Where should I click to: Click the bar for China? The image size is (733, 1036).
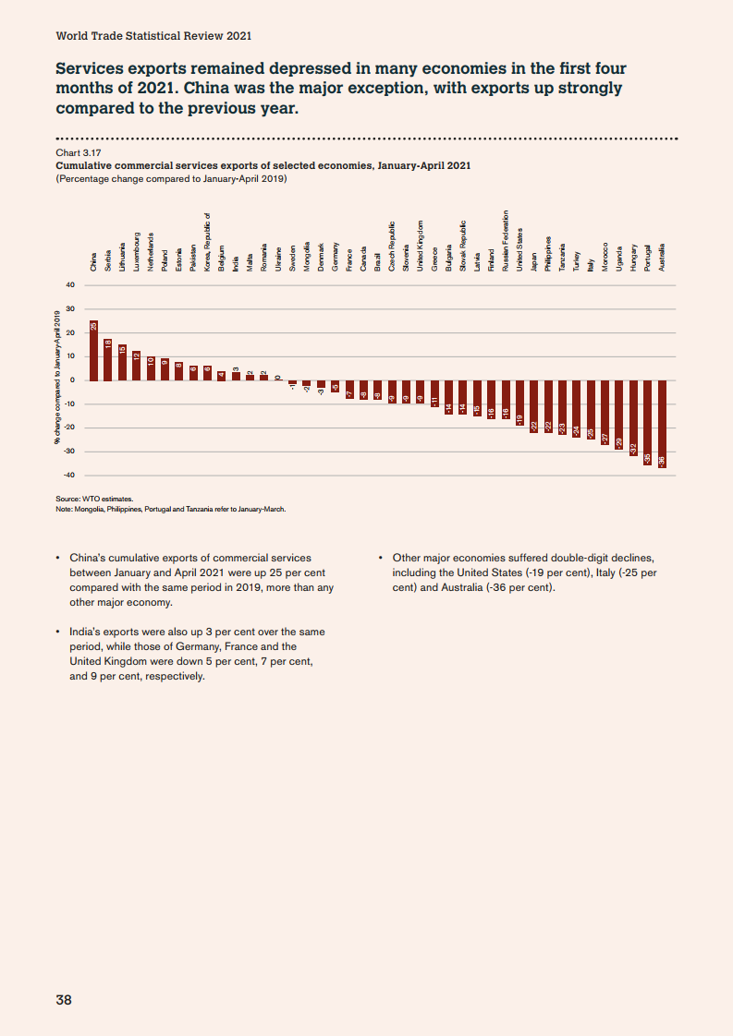click(x=93, y=351)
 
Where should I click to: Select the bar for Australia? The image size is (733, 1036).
click(x=662, y=424)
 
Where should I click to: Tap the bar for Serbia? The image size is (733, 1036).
click(x=107, y=359)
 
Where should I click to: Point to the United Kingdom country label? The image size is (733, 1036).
click(x=420, y=245)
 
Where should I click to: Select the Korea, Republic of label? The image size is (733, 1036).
click(x=207, y=242)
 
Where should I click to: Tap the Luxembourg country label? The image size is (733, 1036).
click(x=136, y=249)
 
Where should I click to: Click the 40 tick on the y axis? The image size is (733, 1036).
click(x=69, y=285)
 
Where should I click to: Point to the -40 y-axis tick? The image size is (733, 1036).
click(x=68, y=476)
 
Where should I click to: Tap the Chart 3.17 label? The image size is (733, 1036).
click(x=78, y=153)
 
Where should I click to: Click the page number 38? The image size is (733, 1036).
click(x=64, y=999)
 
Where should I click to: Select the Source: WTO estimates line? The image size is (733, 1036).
click(x=94, y=498)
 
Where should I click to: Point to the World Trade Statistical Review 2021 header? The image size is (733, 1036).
click(x=153, y=36)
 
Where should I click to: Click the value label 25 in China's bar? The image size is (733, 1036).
click(x=93, y=327)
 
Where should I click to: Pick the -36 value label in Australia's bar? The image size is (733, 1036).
click(x=662, y=460)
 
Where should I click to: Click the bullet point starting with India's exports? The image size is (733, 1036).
click(x=197, y=654)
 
